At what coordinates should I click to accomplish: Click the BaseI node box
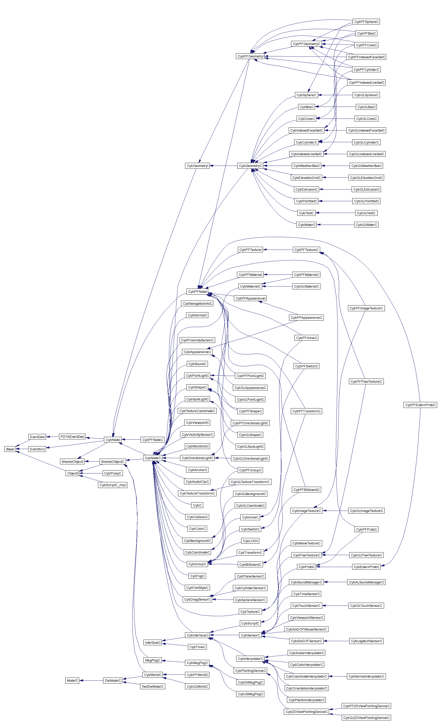(10, 449)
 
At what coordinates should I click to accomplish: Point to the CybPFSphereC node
(366, 22)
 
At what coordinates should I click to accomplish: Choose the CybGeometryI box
(197, 166)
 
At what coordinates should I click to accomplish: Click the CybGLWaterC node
(366, 225)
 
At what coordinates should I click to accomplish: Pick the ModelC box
(72, 680)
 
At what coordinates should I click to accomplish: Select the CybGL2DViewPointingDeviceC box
(366, 718)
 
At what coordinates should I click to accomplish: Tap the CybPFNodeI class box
(197, 291)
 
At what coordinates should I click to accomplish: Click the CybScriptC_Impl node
(113, 485)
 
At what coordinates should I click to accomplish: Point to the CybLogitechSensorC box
(366, 641)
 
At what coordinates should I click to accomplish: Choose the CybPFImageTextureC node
(366, 308)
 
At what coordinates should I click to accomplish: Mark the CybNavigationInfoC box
(197, 304)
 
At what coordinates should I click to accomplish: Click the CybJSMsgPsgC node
(250, 694)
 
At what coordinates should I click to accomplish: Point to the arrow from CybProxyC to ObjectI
(91, 473)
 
